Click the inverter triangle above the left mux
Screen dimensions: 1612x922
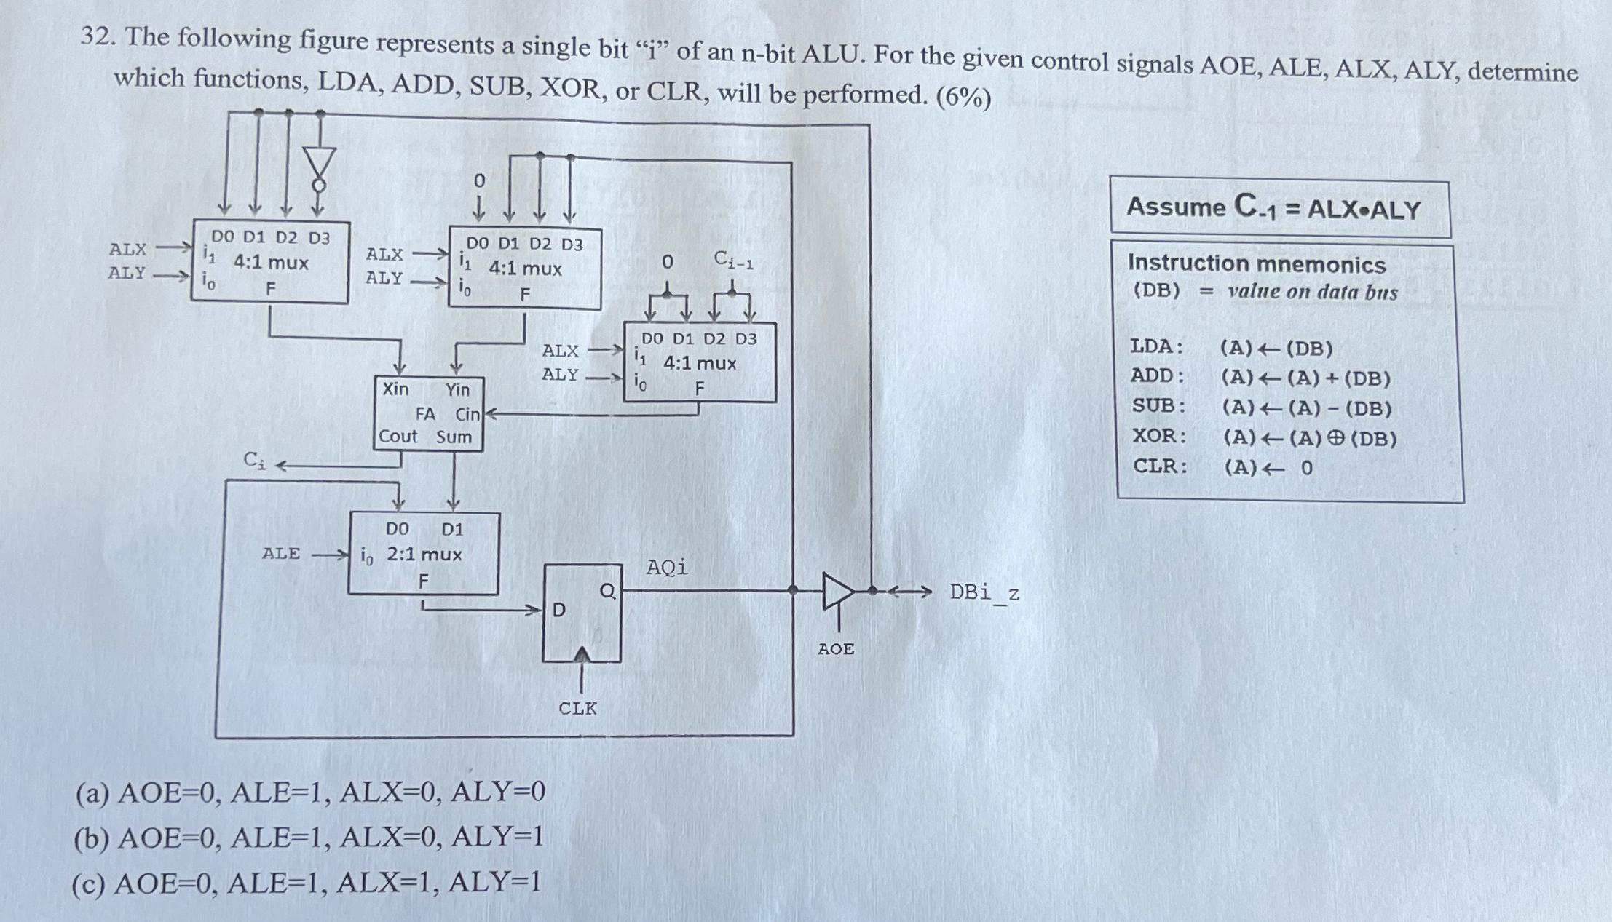[320, 163]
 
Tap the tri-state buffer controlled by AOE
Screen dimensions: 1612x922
[837, 591]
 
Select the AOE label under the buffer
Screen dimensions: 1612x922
[836, 648]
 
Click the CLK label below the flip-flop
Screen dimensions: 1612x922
[577, 708]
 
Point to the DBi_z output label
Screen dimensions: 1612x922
[984, 593]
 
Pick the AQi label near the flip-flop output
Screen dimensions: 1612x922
[666, 567]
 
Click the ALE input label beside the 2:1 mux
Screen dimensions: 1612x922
[281, 553]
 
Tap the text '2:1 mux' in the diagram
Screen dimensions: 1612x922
[424, 555]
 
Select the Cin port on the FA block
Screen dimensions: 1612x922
[467, 414]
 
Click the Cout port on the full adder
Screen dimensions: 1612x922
[398, 436]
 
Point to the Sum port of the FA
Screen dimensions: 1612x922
[454, 437]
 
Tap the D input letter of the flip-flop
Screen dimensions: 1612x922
[558, 610]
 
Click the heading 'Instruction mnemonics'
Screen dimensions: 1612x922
[1257, 263]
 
